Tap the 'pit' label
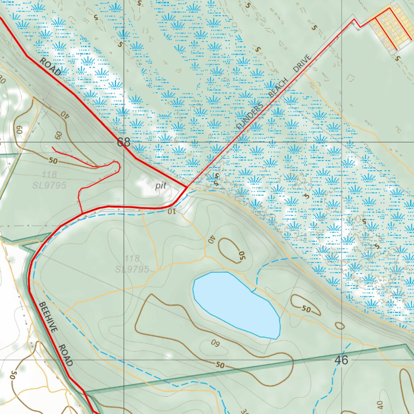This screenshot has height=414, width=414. [x=161, y=186]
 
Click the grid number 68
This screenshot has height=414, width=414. [x=124, y=142]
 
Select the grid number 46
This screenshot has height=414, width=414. [x=342, y=360]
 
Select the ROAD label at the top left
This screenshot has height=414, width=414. [x=50, y=67]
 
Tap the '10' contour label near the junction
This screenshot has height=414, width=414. [x=171, y=211]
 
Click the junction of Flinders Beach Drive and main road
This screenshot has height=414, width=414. [x=186, y=188]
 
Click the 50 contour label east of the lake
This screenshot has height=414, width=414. [x=306, y=309]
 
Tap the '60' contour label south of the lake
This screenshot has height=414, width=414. [x=215, y=343]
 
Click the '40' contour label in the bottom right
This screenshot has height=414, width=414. [x=379, y=404]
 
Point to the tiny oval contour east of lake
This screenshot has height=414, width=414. [x=340, y=325]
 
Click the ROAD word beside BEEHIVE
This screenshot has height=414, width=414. [x=65, y=355]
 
